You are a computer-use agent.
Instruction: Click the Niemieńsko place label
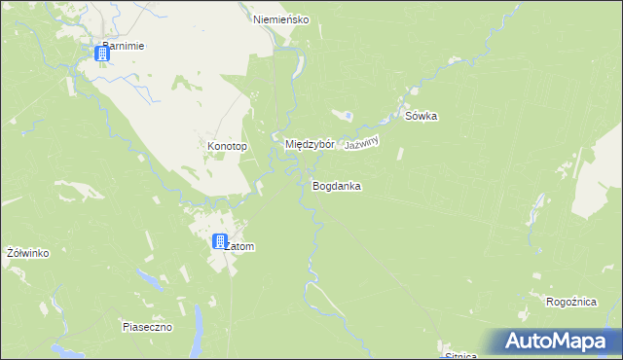click(280, 19)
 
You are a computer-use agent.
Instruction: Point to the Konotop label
click(228, 147)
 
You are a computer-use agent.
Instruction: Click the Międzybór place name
click(310, 144)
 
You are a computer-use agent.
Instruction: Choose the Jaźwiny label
click(360, 142)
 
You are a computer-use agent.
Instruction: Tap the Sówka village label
click(421, 117)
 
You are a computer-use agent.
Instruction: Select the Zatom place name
click(239, 247)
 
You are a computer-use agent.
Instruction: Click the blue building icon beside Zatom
click(221, 241)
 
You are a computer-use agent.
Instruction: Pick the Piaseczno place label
click(147, 327)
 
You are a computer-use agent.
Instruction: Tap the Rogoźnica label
click(571, 303)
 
